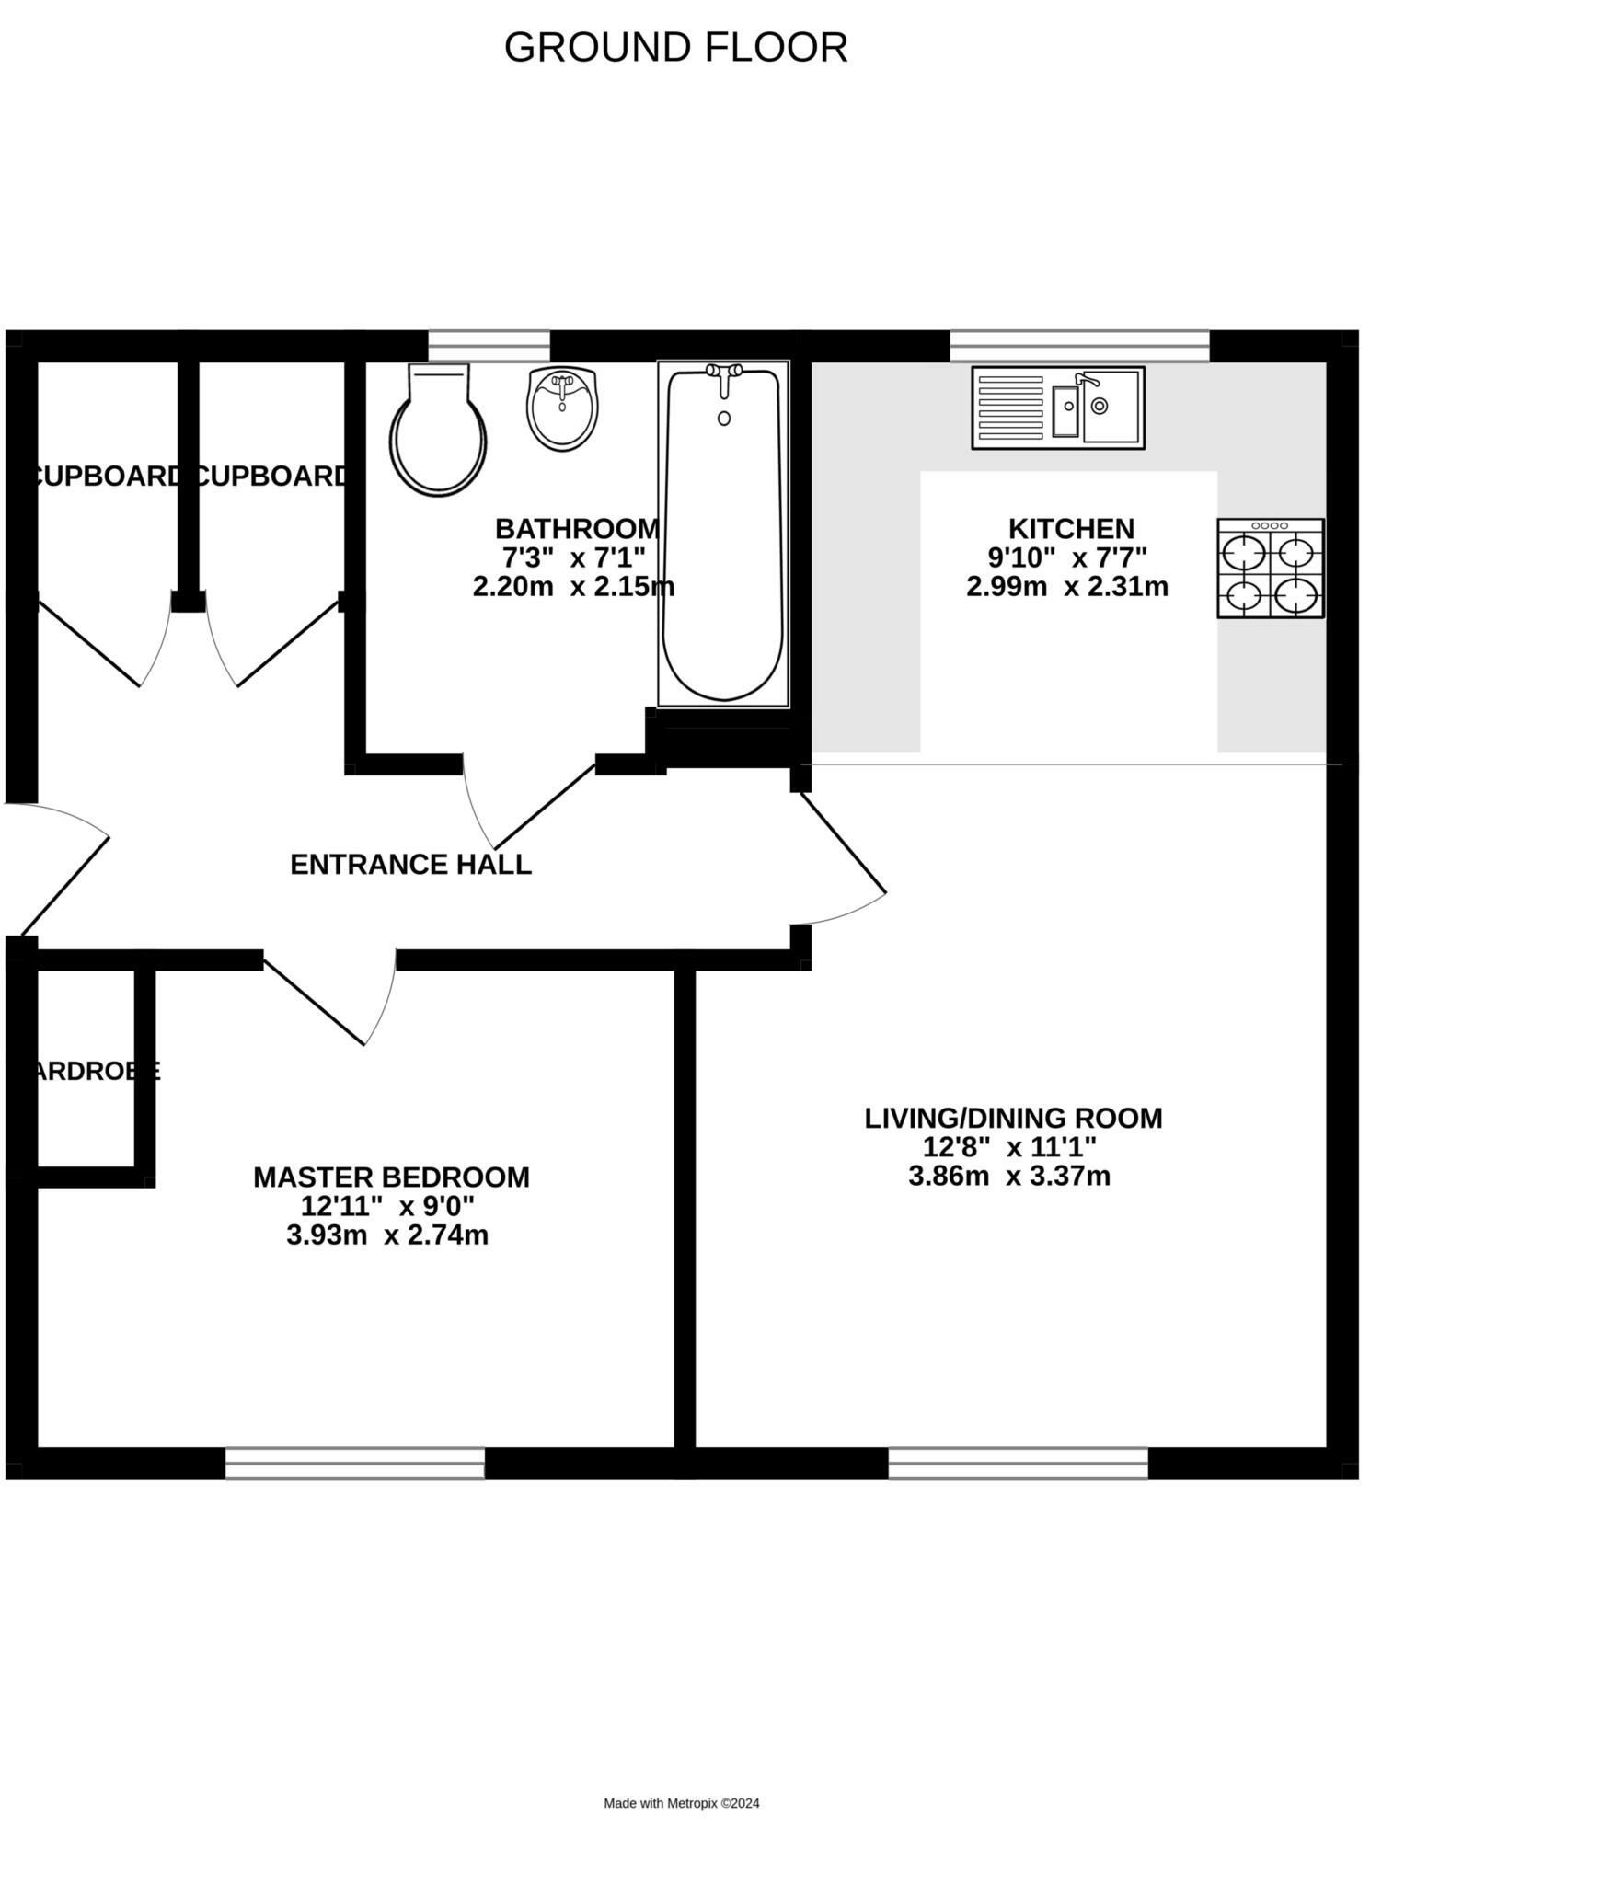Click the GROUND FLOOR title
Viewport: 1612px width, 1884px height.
(x=675, y=48)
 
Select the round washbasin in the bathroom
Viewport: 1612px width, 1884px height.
(x=562, y=408)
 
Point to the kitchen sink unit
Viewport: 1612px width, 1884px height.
(x=1057, y=408)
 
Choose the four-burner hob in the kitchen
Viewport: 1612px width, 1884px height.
(x=1270, y=568)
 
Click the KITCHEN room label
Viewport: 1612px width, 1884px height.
(x=1071, y=529)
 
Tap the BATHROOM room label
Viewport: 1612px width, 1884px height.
(x=577, y=529)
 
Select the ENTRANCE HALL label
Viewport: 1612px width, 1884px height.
(x=410, y=865)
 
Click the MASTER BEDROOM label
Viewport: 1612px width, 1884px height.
(x=391, y=1177)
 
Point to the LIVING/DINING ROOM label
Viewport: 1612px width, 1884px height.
(x=1013, y=1119)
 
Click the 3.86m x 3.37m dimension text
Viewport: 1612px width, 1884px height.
(x=1009, y=1177)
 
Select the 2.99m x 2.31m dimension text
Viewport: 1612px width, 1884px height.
(x=1067, y=587)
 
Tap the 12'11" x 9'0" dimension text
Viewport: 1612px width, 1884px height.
(x=387, y=1206)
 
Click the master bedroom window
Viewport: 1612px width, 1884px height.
(x=355, y=1464)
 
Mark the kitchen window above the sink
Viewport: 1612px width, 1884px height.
(x=1079, y=346)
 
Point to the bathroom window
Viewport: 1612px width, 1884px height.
(x=489, y=346)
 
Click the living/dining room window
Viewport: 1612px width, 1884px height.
(x=1018, y=1464)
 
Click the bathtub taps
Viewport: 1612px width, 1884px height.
(x=724, y=373)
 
